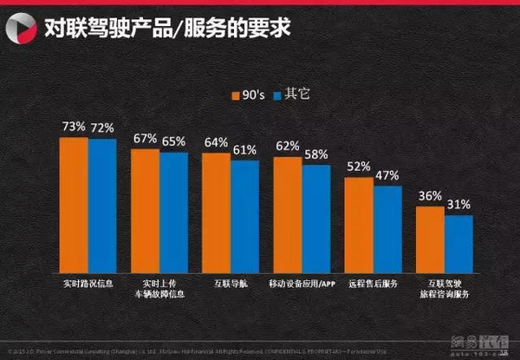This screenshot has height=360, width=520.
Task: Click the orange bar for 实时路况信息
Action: pyautogui.click(x=74, y=205)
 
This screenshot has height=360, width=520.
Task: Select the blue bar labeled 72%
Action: pyautogui.click(x=101, y=206)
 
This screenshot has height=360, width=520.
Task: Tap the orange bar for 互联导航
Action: pyautogui.click(x=217, y=213)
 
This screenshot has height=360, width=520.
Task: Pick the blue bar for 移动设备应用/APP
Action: pyautogui.click(x=315, y=219)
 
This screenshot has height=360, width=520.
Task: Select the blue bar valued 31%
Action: pyautogui.click(x=458, y=244)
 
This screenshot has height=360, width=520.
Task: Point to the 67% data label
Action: pyautogui.click(x=146, y=139)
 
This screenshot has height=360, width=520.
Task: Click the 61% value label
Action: pyautogui.click(x=245, y=150)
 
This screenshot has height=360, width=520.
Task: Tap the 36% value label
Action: pyautogui.click(x=430, y=196)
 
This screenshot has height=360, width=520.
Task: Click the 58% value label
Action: pyautogui.click(x=316, y=154)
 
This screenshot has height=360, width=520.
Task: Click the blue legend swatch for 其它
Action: pyautogui.click(x=277, y=94)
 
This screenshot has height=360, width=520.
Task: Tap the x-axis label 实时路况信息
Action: pyautogui.click(x=88, y=284)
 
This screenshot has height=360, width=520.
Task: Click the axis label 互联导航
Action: pyautogui.click(x=231, y=284)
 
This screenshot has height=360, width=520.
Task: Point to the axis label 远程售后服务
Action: pyautogui.click(x=373, y=284)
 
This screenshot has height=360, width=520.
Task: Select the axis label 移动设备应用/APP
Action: pyautogui.click(x=302, y=284)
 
